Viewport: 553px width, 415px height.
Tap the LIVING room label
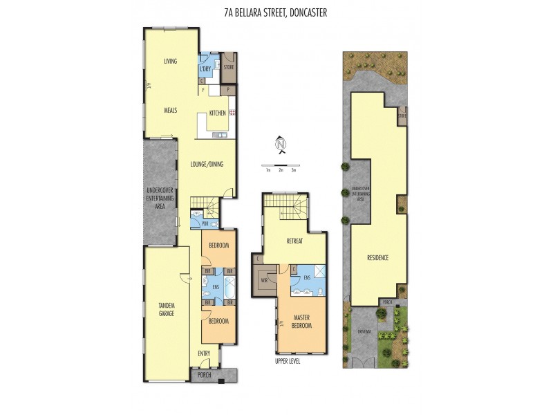[170, 62]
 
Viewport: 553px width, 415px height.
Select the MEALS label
[171, 110]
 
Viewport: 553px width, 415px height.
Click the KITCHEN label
[218, 113]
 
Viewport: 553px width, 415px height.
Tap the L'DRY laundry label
[205, 69]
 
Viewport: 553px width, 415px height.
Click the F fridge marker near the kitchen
[203, 90]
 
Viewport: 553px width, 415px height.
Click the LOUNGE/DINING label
[207, 164]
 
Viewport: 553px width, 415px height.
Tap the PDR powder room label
[196, 224]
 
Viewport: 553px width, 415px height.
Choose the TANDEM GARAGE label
[166, 309]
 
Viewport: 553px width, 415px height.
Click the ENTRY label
[204, 354]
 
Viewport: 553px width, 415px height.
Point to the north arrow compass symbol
[281, 145]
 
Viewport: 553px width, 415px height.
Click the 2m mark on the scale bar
[281, 169]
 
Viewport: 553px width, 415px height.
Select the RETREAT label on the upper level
[295, 241]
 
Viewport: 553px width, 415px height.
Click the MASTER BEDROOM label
[301, 321]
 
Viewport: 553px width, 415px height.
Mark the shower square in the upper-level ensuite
[319, 272]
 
